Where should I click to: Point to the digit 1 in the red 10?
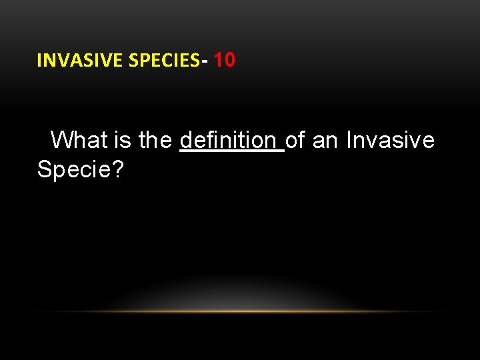pyautogui.click(x=220, y=60)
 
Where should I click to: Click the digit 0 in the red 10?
pyautogui.click(x=229, y=60)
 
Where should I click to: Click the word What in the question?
pyautogui.click(x=79, y=140)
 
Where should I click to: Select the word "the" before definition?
pyautogui.click(x=156, y=140)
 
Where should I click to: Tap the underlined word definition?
pyautogui.click(x=228, y=140)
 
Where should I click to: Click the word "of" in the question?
pyautogui.click(x=295, y=140)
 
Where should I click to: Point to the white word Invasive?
pyautogui.click(x=390, y=140)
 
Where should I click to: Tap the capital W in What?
pyautogui.click(x=62, y=140)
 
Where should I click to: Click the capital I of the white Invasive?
pyautogui.click(x=349, y=140)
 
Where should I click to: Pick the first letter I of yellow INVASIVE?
pyautogui.click(x=39, y=61)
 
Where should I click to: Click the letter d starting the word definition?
pyautogui.click(x=186, y=140)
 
